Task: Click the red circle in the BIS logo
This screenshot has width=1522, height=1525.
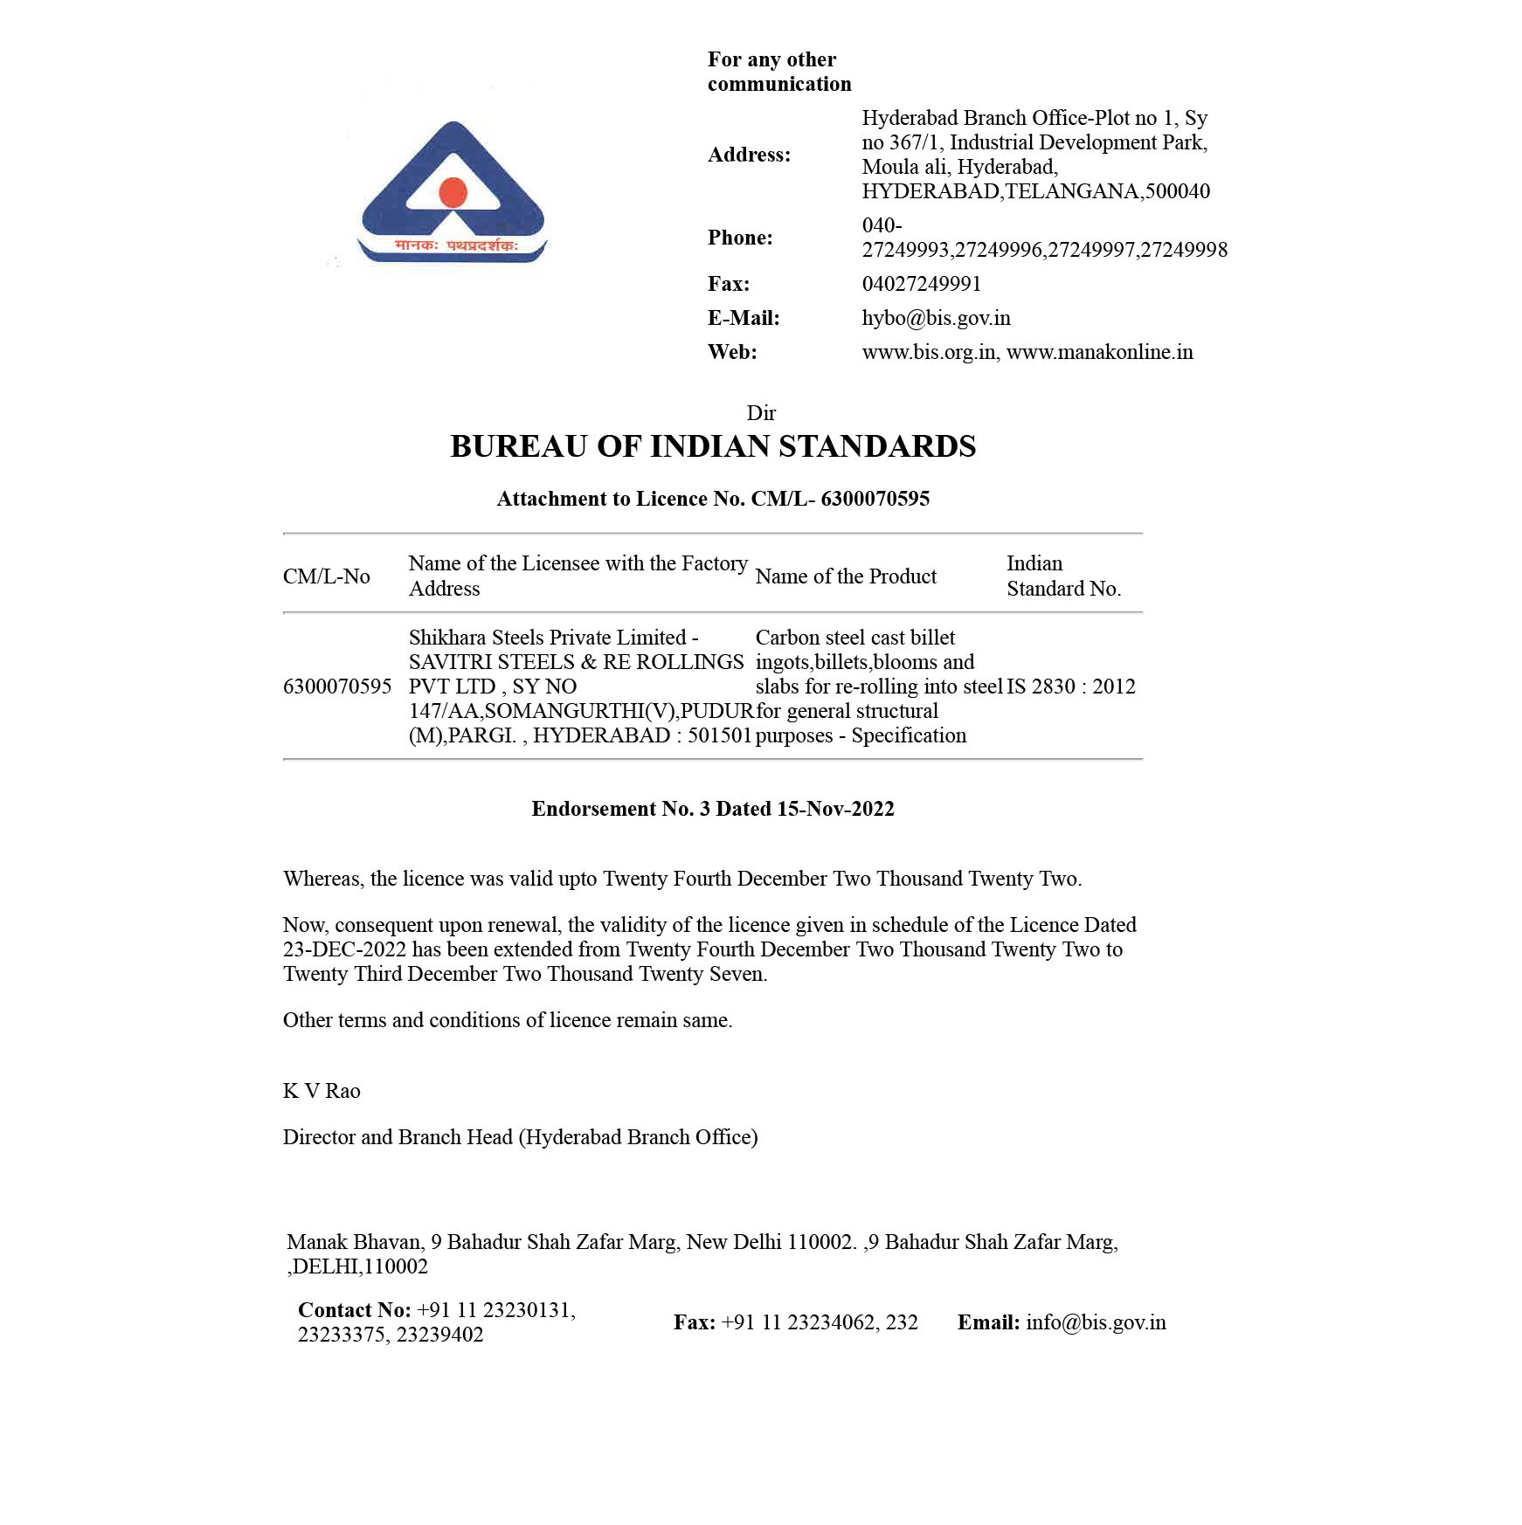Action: click(x=453, y=191)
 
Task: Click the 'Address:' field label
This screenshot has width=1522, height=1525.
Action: click(x=749, y=155)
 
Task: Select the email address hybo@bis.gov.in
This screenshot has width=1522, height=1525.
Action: click(x=936, y=318)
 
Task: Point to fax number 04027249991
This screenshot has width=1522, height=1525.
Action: click(x=921, y=284)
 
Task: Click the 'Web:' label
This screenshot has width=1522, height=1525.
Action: click(x=732, y=352)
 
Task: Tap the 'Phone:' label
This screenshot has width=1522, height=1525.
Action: click(x=740, y=238)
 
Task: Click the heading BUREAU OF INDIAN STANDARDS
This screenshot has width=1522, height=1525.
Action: click(x=713, y=446)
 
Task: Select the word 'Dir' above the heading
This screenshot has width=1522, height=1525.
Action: click(x=761, y=413)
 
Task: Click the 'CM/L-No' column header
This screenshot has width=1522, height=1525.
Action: click(x=326, y=576)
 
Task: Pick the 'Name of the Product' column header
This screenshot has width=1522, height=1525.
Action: click(x=845, y=576)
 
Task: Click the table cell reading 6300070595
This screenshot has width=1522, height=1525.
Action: click(x=336, y=687)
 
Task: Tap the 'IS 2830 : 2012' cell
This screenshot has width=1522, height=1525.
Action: click(x=1070, y=687)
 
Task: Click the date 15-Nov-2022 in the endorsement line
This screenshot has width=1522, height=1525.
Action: click(x=835, y=809)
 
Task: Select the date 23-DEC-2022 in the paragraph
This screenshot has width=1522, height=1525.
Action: click(x=344, y=949)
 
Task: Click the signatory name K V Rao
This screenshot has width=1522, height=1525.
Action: click(x=322, y=1091)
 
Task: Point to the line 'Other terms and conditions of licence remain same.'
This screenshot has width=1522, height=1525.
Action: click(x=508, y=1020)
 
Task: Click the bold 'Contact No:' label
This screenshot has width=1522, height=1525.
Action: click(x=354, y=1310)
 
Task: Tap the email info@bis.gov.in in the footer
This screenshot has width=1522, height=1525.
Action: click(x=1096, y=1322)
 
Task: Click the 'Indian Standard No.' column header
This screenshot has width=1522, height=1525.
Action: click(x=1063, y=576)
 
